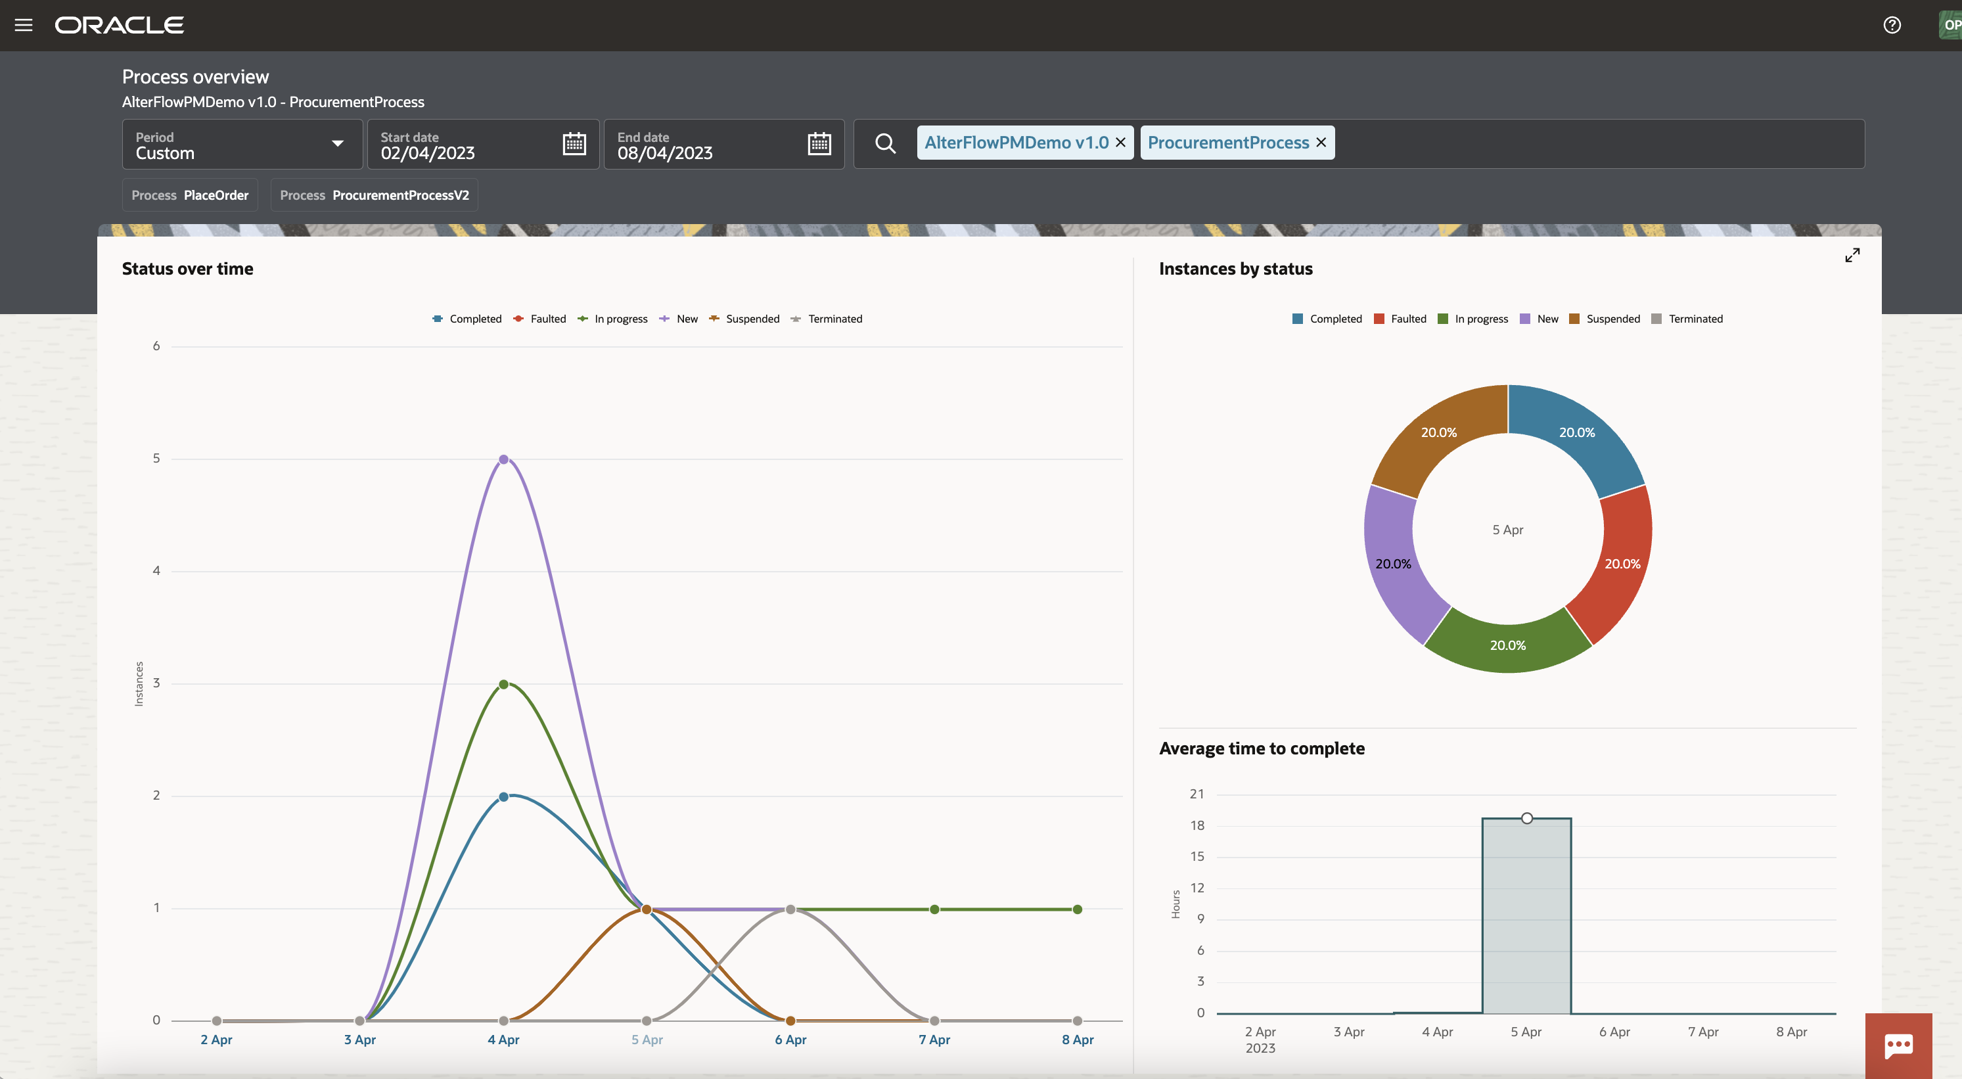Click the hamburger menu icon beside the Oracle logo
pos(24,25)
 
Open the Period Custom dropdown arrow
pos(338,144)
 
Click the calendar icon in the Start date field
pos(574,144)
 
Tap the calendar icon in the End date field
pos(819,144)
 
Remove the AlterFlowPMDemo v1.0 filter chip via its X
pos(1120,143)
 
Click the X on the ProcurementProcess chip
pos(1321,143)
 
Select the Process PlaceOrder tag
pos(190,195)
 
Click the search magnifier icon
pos(885,143)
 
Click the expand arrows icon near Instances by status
pos(1852,255)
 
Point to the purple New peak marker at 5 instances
pos(503,459)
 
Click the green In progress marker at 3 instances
pos(503,684)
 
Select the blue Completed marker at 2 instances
pos(503,796)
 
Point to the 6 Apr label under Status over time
pos(790,1040)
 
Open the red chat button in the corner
pos(1898,1045)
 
